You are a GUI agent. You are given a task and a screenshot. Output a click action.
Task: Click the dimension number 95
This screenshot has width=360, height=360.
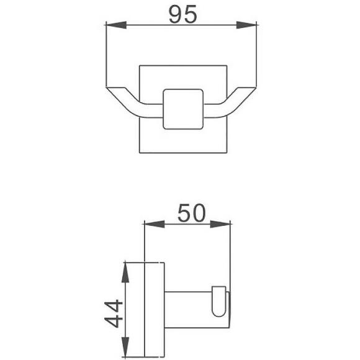click(x=182, y=14)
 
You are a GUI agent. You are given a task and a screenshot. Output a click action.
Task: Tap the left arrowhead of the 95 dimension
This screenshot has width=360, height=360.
click(x=112, y=25)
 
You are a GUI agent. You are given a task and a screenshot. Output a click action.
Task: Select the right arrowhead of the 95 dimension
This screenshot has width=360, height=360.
click(x=251, y=25)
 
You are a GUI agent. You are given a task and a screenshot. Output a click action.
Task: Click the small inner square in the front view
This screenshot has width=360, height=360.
click(x=183, y=109)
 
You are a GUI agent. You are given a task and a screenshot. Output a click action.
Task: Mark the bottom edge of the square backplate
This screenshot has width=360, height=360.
click(x=183, y=153)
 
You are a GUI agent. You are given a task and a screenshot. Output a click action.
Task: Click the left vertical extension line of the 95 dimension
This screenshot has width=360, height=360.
click(x=106, y=56)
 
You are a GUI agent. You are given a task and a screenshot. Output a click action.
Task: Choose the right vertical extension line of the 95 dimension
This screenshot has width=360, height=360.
click(x=257, y=56)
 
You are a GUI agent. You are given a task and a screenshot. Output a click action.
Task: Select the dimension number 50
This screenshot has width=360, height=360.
click(x=192, y=213)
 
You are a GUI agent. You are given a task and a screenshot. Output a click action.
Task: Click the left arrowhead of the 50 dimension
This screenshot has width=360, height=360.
click(x=150, y=224)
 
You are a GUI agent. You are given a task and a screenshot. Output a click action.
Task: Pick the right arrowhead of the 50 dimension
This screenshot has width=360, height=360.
click(x=225, y=224)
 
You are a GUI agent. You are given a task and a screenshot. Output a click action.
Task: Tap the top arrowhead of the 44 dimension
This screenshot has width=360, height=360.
click(x=126, y=268)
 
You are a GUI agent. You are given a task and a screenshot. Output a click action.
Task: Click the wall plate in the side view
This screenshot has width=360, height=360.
click(x=154, y=310)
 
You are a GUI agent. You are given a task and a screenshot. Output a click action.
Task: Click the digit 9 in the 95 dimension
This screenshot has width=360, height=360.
click(x=175, y=14)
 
